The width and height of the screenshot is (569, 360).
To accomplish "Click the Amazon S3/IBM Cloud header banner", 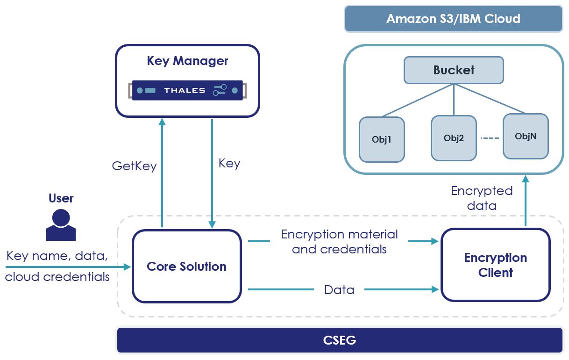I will click(x=453, y=19).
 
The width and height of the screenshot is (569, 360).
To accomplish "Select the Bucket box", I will click(x=453, y=70).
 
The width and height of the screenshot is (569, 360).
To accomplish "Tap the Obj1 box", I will click(x=381, y=139).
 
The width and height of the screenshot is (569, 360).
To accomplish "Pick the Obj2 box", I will click(x=453, y=138).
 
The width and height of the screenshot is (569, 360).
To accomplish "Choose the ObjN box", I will click(x=525, y=136).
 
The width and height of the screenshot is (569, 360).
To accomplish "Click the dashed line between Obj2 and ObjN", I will click(x=490, y=138).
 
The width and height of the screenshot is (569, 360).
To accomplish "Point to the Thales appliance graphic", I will click(x=187, y=90).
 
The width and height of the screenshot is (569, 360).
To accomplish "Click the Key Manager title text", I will click(x=187, y=61).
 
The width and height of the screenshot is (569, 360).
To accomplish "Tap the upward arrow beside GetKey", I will click(x=162, y=173).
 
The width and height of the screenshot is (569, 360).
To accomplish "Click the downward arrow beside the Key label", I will click(x=212, y=173).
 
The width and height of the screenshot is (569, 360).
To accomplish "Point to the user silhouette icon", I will click(x=61, y=225).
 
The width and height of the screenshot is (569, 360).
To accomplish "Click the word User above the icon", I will click(x=61, y=198).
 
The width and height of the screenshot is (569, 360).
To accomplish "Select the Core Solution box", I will click(x=186, y=266).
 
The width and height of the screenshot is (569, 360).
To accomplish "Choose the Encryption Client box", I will click(x=495, y=265).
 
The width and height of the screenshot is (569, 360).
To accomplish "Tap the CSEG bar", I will click(x=339, y=340).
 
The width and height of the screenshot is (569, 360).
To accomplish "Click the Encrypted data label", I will click(x=481, y=198).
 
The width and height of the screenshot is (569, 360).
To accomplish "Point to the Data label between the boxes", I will click(x=339, y=290).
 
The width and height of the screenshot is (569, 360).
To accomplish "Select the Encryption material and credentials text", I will click(x=339, y=241).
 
